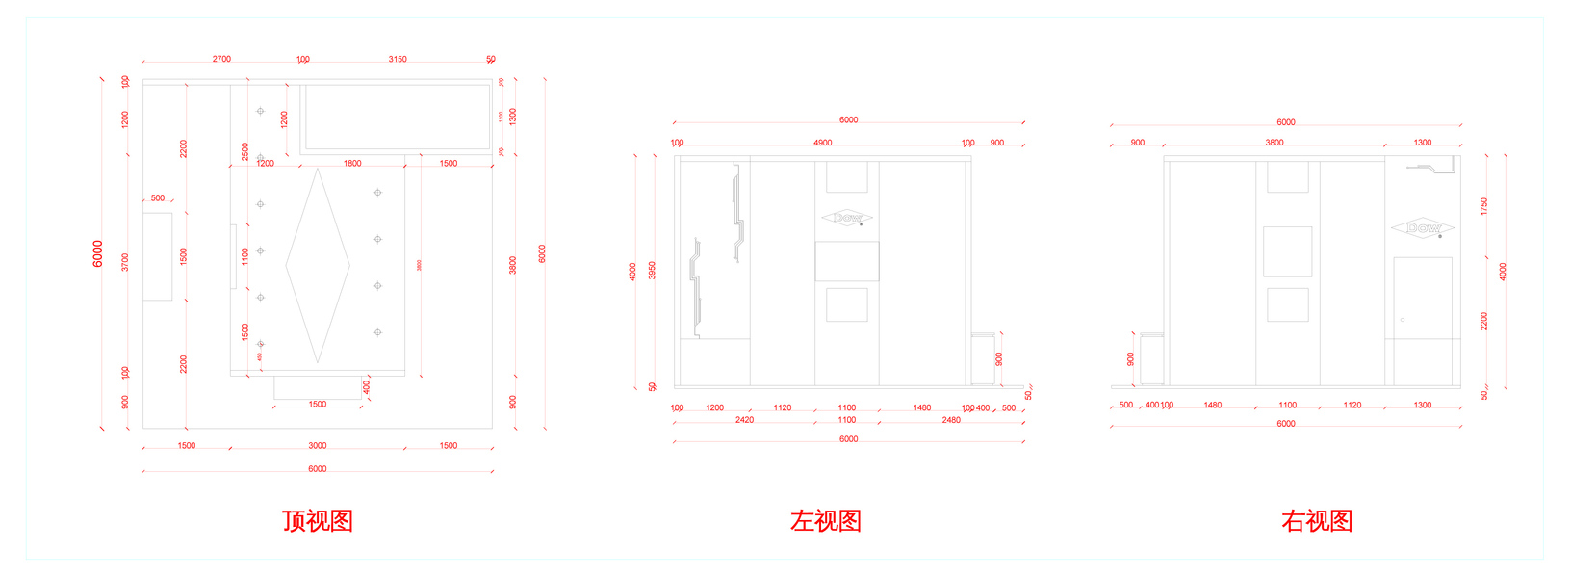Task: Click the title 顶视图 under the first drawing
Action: (x=318, y=521)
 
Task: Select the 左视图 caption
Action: (x=826, y=521)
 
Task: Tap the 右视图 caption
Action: (x=1317, y=521)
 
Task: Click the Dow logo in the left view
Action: (x=847, y=218)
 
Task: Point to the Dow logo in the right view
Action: (x=1423, y=228)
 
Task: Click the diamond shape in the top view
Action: (x=318, y=266)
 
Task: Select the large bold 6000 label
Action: (x=98, y=254)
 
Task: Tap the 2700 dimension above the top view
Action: (x=221, y=59)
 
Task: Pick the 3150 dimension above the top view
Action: (x=398, y=59)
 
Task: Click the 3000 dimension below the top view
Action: (x=318, y=446)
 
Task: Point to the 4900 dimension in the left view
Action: (x=822, y=143)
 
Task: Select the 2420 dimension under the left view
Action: (x=744, y=420)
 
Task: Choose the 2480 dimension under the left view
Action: (x=951, y=420)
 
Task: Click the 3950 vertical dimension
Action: (x=653, y=271)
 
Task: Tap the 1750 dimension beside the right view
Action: (x=1484, y=206)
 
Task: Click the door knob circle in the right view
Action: (x=1403, y=320)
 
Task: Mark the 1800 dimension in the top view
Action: (x=352, y=164)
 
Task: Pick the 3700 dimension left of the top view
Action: (x=125, y=262)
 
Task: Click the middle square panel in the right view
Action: (x=1287, y=251)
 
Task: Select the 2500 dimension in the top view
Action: (x=245, y=151)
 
